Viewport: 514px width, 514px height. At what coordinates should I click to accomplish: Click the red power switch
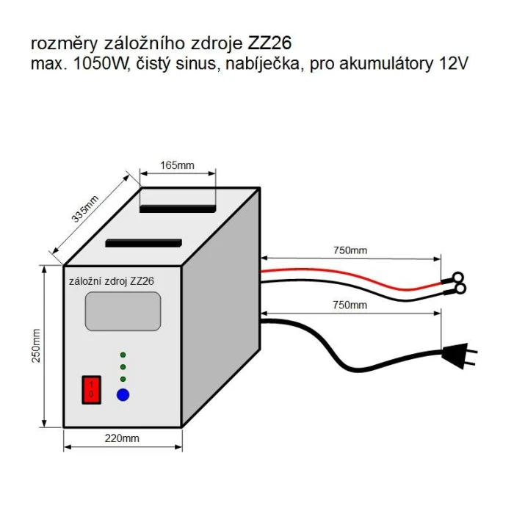[91, 390]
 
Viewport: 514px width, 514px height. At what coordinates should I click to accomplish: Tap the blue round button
[123, 395]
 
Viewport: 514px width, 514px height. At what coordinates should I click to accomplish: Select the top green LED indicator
[123, 355]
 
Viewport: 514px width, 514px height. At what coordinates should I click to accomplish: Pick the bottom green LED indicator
[123, 379]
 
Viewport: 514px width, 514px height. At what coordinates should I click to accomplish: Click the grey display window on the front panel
[123, 311]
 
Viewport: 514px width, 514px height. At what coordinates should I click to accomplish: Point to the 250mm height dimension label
[36, 346]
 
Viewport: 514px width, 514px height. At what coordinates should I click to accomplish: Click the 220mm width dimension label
[122, 438]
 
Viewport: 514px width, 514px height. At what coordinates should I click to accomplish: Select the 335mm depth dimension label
[85, 209]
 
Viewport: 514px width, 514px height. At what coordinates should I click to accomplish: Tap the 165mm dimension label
[177, 165]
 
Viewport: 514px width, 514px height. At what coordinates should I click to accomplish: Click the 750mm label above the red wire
[350, 250]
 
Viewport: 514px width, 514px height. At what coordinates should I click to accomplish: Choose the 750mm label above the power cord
[350, 305]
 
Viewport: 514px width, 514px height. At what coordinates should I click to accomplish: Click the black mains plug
[459, 355]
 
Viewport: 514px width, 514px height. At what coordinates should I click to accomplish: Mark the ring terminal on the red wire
[458, 277]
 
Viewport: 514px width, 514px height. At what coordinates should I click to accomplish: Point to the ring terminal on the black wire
[460, 289]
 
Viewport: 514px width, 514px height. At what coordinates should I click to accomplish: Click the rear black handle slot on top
[178, 209]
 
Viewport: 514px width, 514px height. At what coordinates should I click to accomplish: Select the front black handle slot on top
[144, 243]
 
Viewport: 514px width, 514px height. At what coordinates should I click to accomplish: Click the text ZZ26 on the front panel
[142, 281]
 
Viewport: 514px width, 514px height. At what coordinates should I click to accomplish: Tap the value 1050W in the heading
[100, 64]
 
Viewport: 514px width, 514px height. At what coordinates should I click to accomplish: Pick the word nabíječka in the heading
[263, 64]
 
